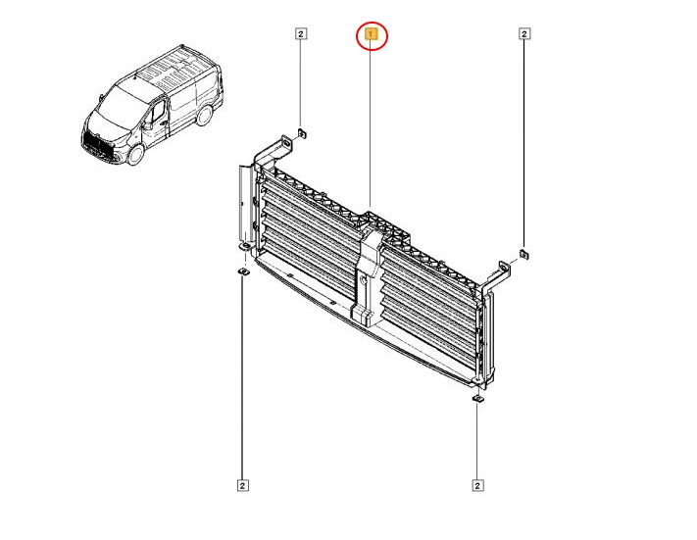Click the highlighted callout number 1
coord(372,36)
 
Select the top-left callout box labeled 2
coord(302,34)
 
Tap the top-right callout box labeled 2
coord(524,34)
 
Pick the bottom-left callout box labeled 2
coord(241,483)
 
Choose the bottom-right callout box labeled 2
coord(477,483)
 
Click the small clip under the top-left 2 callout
coord(303,132)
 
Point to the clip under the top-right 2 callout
coord(524,256)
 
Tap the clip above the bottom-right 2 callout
coord(476,398)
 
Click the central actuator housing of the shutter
coord(367,274)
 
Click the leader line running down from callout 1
coord(372,127)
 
